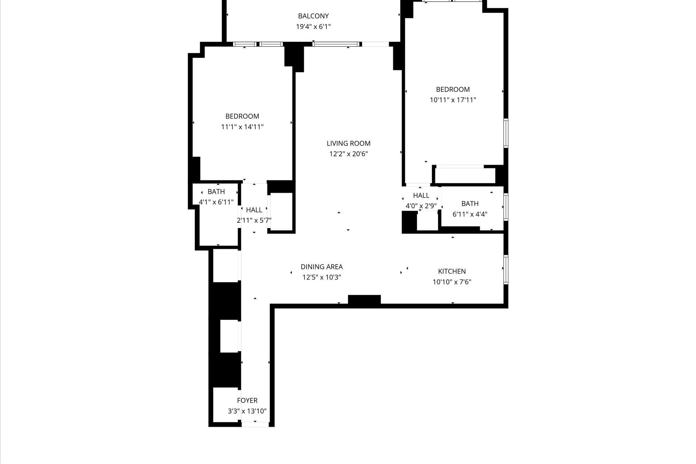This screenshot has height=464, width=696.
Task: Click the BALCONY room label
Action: point(313,16)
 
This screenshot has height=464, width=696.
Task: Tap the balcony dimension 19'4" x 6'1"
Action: point(313,26)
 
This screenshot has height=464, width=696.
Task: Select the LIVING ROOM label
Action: point(348,143)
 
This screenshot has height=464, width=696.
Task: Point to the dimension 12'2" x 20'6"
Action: point(348,154)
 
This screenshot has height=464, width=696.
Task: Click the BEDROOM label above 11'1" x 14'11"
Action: point(242,116)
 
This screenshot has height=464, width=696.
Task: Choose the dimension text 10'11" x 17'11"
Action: point(453,100)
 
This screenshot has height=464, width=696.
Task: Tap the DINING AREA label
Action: point(322,267)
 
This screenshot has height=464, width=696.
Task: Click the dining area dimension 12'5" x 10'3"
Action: point(322,277)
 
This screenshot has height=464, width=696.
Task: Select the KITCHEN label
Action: point(452,272)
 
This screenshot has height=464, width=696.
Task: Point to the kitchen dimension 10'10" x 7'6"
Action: point(452,282)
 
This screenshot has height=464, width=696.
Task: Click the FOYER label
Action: point(247,401)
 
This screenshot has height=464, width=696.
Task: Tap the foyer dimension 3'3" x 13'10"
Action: point(247,411)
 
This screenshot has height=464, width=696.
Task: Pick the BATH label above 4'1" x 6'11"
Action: point(216,192)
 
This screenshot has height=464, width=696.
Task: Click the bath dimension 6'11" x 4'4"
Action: point(470,214)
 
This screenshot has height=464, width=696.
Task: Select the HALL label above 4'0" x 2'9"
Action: point(421,196)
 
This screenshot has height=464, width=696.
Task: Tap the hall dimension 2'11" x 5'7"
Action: point(254,220)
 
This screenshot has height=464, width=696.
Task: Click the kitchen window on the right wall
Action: point(506,270)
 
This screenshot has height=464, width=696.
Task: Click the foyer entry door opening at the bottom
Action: point(255,424)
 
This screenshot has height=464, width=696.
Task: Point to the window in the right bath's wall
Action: point(506,207)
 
